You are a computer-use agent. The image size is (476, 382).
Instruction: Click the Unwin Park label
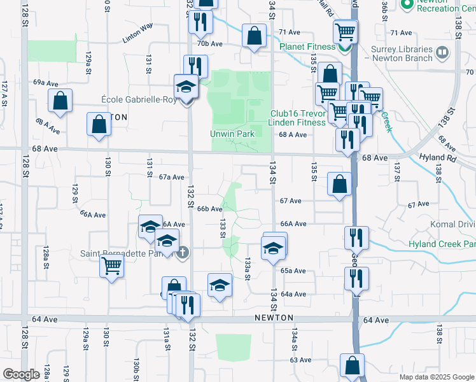pyautogui.click(x=233, y=134)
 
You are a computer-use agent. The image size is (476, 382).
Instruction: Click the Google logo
pyautogui.click(x=21, y=374)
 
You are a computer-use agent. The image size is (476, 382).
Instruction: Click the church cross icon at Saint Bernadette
pyautogui.click(x=183, y=253)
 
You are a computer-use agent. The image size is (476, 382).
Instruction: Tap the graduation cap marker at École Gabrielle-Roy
pyautogui.click(x=186, y=87)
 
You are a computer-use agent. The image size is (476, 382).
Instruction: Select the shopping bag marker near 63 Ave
pyautogui.click(x=352, y=365)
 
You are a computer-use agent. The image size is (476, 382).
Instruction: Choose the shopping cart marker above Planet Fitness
pyautogui.click(x=346, y=31)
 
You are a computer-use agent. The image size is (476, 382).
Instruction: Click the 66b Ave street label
pyautogui.click(x=209, y=208)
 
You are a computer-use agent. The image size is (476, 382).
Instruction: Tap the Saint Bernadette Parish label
pyautogui.click(x=125, y=253)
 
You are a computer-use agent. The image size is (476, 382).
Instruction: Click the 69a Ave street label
pyautogui.click(x=46, y=83)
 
